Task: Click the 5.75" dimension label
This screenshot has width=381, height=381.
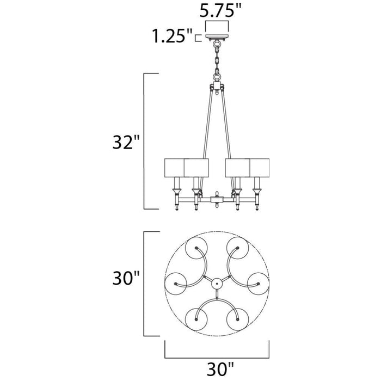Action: [x=220, y=10]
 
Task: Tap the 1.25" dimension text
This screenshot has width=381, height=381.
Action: [x=173, y=36]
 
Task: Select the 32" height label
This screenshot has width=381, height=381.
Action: [x=126, y=142]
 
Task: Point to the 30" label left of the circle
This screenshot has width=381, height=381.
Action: [x=126, y=278]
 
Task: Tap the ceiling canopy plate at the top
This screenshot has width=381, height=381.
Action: [x=217, y=37]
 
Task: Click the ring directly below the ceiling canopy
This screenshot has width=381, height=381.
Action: [x=217, y=45]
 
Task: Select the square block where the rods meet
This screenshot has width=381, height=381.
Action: [x=217, y=86]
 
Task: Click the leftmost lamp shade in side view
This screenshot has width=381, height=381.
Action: [x=175, y=168]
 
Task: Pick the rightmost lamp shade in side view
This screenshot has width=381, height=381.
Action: [x=260, y=168]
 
